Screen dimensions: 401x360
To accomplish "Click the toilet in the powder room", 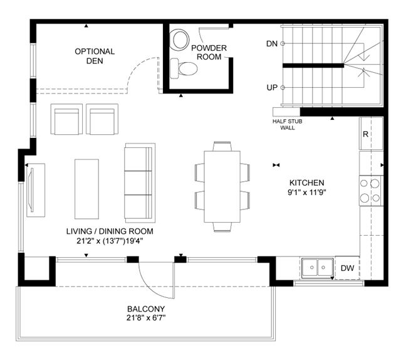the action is point(184,68).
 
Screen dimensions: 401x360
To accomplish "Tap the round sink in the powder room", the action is point(179,40).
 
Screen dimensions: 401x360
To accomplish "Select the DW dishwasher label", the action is point(348,268).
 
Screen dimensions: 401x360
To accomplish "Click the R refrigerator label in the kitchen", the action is point(365,134).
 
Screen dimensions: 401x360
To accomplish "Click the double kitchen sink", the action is point(318,268).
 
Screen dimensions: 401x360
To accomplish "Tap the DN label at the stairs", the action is point(272,44).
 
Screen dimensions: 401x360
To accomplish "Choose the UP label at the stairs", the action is point(272,88).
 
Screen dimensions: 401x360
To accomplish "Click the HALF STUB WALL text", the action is point(287,124).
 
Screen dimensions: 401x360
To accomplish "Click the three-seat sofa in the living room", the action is point(140,183).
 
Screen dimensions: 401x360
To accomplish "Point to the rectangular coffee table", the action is point(86,189).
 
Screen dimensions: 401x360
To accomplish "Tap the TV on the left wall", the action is point(32,190).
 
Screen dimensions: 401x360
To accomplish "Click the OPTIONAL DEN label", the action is point(95,56).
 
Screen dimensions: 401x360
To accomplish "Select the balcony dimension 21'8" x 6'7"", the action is point(146,318).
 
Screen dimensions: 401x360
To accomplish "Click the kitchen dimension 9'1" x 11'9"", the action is point(307,192).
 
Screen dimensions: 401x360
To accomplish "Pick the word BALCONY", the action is point(146,309).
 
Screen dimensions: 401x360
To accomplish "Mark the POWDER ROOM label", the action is point(209,52).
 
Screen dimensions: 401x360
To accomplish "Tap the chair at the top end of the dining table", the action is point(222,146).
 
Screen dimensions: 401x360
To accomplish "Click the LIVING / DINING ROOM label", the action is point(110,231).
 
